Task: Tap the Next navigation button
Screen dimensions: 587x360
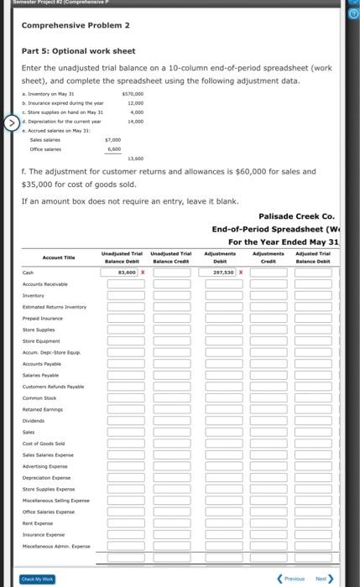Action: click(323, 578)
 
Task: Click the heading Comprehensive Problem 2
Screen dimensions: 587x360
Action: click(75, 25)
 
